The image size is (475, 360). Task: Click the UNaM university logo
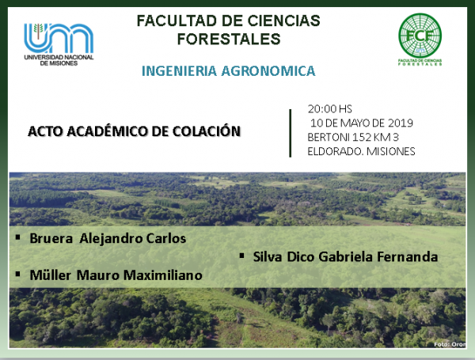59,44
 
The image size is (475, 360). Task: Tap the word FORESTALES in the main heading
229,39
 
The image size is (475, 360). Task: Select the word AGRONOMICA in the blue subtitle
268,71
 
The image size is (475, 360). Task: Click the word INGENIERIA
180,71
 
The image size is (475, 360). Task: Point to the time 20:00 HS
329,108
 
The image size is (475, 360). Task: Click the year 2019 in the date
401,123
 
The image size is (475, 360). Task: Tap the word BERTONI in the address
329,137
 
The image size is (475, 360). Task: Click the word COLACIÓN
207,131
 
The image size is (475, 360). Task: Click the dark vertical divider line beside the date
291,133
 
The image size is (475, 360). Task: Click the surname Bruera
51,239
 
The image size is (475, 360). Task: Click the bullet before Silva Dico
241,256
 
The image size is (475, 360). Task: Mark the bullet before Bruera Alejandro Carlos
18,237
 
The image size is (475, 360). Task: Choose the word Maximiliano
163,275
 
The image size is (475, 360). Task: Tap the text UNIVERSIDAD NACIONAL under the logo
59,57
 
